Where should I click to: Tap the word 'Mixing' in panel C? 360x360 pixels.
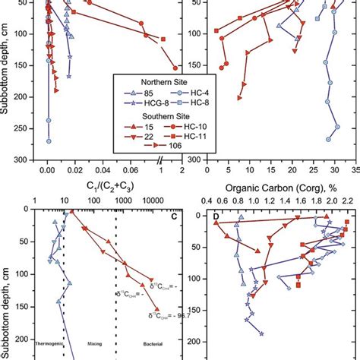(96, 343)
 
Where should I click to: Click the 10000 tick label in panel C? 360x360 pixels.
(153, 201)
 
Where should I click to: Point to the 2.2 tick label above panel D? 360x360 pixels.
(349, 201)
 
